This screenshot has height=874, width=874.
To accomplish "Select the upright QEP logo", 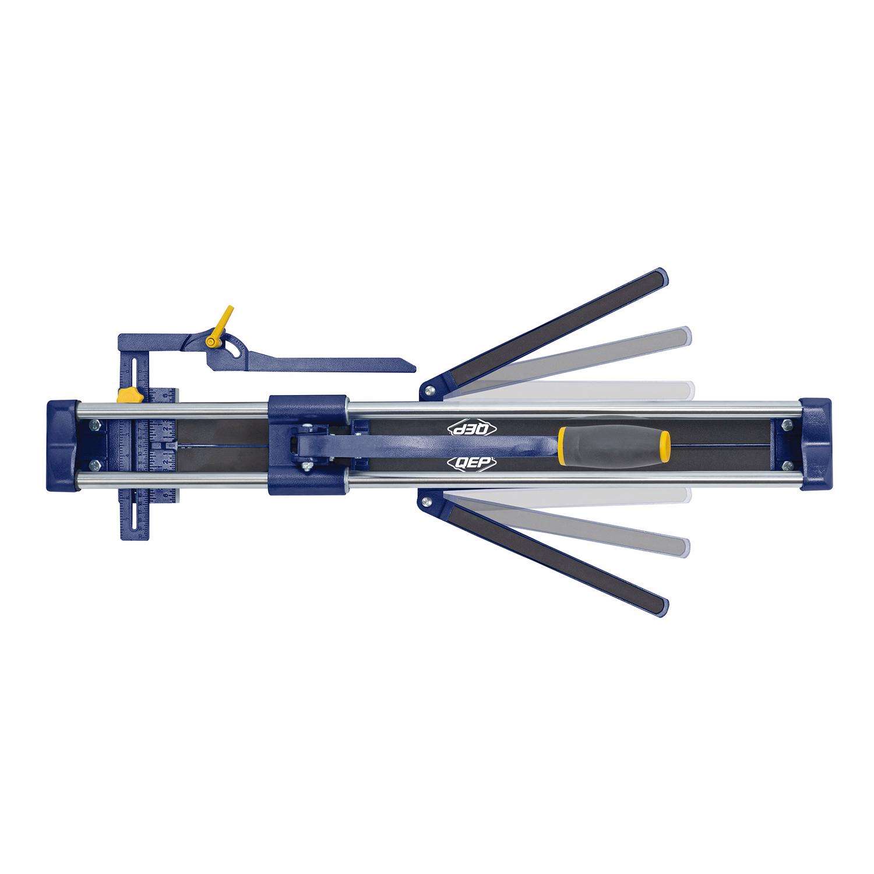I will (x=473, y=463).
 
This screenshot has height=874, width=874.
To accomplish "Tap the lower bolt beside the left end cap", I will (x=93, y=464).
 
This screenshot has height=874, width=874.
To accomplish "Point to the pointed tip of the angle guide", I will (x=412, y=368).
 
